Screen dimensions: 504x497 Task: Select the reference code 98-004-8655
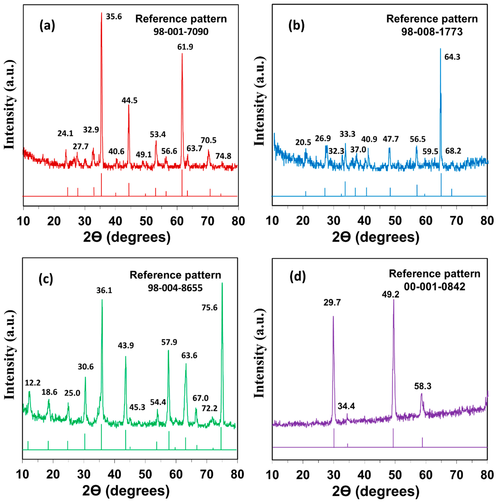[175, 288]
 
